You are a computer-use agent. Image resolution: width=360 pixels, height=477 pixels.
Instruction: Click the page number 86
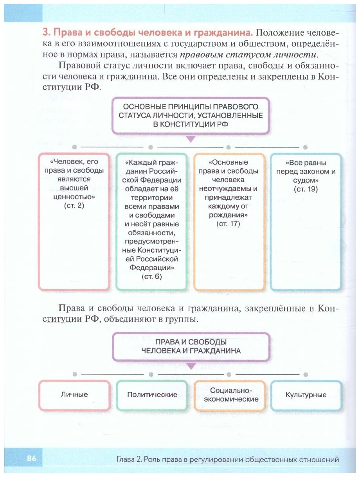point(31,458)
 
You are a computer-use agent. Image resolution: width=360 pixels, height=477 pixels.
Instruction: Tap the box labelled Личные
point(74,395)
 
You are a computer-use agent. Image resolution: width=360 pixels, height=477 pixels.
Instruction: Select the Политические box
point(152,395)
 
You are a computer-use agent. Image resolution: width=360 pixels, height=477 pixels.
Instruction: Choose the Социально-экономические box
point(229,395)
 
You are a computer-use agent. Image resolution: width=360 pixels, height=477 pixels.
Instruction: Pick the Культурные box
point(306,395)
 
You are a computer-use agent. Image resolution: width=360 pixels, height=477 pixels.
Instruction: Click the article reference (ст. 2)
point(74,205)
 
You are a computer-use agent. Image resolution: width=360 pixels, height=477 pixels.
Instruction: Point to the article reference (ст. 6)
point(151,276)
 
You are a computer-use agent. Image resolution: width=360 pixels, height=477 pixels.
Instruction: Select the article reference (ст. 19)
point(306,189)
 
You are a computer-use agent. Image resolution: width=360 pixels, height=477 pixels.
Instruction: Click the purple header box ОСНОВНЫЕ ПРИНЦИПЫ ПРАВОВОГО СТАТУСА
point(191,115)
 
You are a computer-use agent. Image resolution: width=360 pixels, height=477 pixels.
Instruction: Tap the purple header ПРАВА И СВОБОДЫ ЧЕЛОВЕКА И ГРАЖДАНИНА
point(191,346)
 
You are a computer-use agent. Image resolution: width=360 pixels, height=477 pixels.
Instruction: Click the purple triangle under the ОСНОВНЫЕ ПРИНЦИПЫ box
point(191,139)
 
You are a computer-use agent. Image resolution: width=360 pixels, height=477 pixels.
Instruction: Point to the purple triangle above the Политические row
point(191,366)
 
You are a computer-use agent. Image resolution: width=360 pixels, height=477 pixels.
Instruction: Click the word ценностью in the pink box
point(74,197)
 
